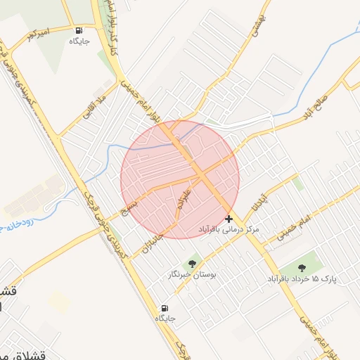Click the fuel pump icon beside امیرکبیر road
point(77,30)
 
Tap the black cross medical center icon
point(229,219)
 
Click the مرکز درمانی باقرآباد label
point(238,230)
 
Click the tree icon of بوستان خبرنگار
point(193,264)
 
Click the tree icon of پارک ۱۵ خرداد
point(302,267)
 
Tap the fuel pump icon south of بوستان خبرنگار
point(165,308)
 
